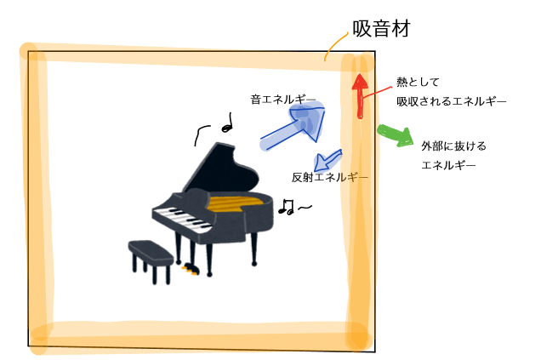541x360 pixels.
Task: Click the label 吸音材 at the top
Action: (x=381, y=28)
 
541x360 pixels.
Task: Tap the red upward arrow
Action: (x=360, y=96)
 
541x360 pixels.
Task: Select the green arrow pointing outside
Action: (x=396, y=135)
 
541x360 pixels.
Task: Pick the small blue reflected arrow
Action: (x=327, y=161)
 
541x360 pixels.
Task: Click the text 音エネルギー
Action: (x=283, y=100)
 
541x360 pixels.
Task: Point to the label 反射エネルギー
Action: (x=330, y=177)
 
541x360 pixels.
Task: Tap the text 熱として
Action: (x=418, y=83)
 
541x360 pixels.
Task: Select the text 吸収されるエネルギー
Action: (x=452, y=101)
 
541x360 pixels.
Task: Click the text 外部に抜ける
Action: (x=453, y=146)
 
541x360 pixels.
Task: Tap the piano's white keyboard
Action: (x=182, y=218)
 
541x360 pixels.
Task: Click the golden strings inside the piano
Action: (x=238, y=203)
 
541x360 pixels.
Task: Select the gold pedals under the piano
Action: (x=191, y=269)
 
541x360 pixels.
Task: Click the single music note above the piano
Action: (x=227, y=123)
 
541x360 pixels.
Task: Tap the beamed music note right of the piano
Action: (x=286, y=207)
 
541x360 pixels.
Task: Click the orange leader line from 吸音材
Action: (x=335, y=46)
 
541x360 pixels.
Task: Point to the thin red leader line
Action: (x=377, y=93)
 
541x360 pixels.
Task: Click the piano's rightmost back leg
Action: (x=254, y=249)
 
